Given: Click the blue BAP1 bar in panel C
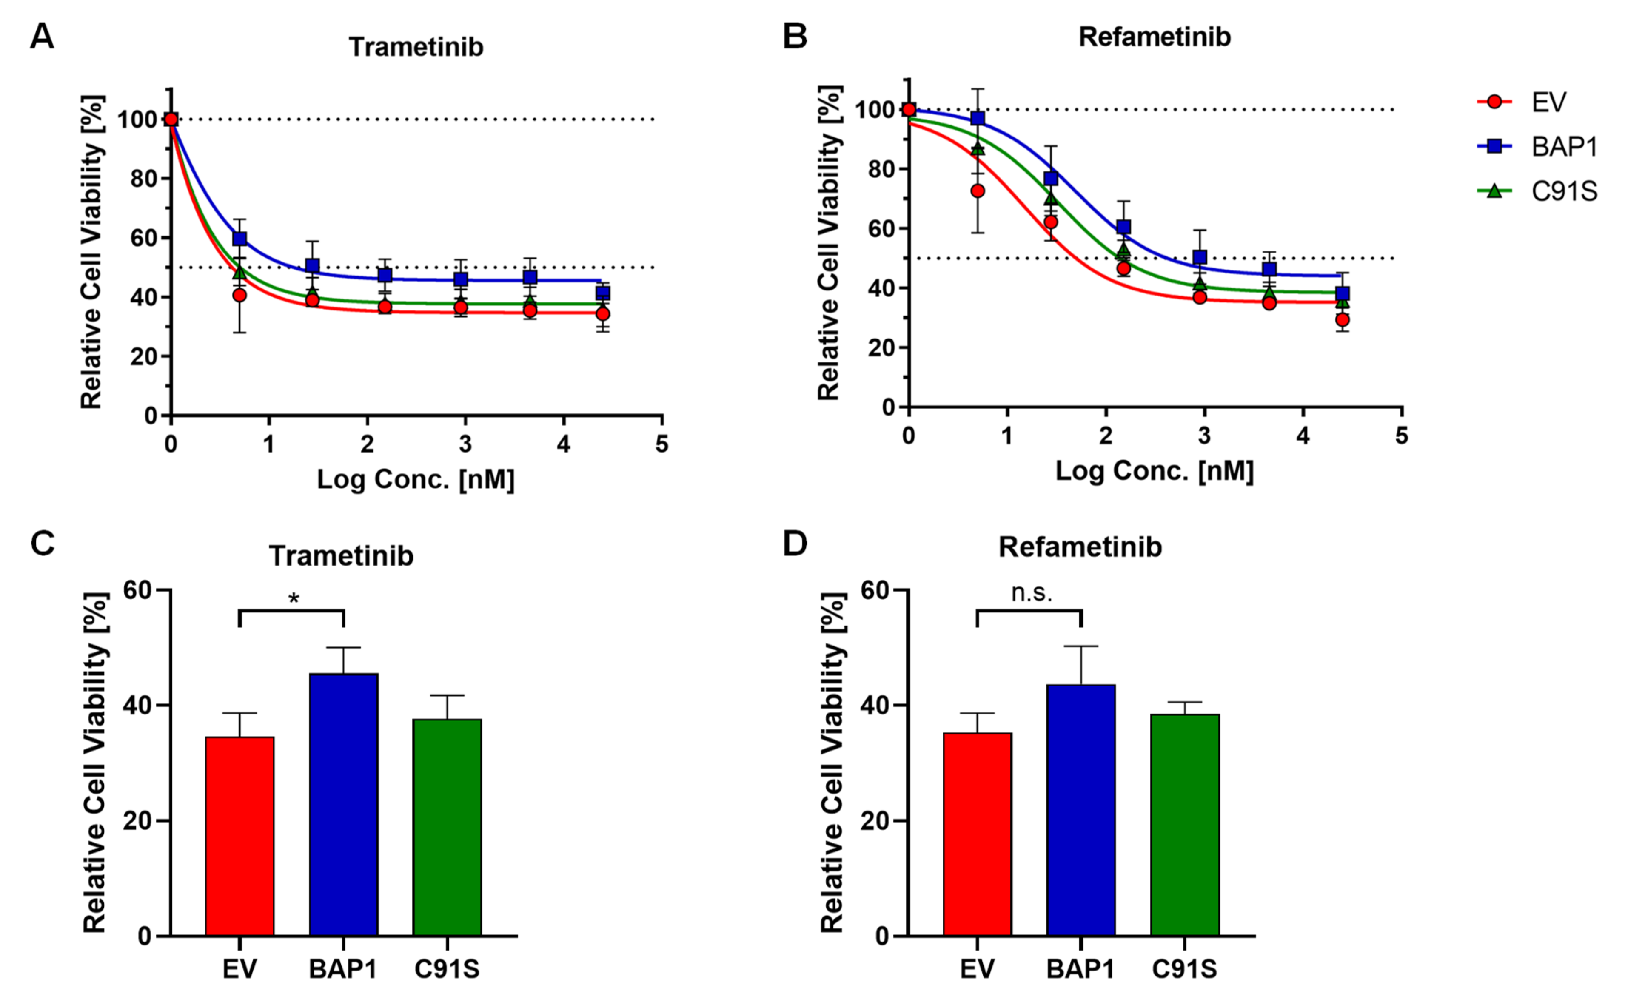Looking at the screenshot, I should [343, 804].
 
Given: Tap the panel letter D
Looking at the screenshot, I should [795, 544].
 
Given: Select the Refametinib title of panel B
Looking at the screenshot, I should [1155, 37].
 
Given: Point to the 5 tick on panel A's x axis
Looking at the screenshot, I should [661, 444].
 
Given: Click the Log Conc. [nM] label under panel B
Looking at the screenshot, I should [1155, 470].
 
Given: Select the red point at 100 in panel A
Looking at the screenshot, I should [171, 119].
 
